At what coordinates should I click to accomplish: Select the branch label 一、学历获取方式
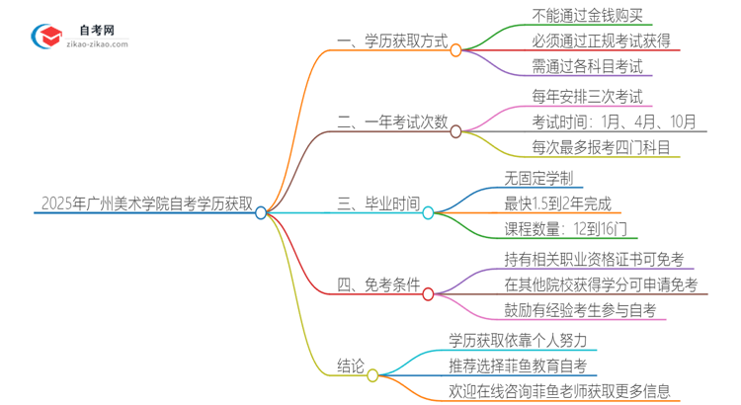click(x=392, y=44)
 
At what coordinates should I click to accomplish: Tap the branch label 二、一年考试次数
click(x=392, y=123)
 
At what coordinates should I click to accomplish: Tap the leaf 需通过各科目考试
click(x=558, y=68)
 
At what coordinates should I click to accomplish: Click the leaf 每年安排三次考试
click(x=558, y=96)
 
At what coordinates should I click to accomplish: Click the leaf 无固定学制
click(x=536, y=178)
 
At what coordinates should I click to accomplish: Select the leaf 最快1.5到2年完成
click(x=558, y=204)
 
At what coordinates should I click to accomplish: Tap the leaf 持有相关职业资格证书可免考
click(x=593, y=259)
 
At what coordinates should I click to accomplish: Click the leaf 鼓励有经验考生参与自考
click(x=579, y=312)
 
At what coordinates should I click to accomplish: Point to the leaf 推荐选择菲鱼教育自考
click(x=524, y=366)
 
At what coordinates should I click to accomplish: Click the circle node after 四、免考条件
click(x=428, y=293)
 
